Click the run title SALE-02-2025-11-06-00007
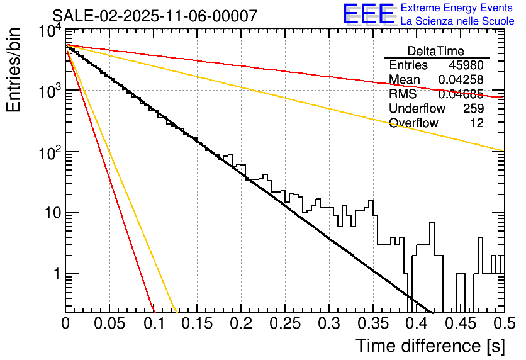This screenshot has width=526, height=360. [155, 16]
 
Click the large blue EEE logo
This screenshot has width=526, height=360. [368, 14]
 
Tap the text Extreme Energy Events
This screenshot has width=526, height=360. [457, 8]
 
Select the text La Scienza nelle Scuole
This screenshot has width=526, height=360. [457, 21]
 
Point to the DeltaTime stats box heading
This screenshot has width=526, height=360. [436, 51]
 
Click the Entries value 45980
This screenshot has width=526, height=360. [466, 65]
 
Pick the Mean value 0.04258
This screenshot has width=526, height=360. [461, 80]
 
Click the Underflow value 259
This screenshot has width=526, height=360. [473, 109]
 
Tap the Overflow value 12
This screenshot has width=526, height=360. [477, 123]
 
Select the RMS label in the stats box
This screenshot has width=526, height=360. [403, 94]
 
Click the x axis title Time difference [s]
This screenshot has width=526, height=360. [430, 346]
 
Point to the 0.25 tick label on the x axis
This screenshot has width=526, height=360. [284, 323]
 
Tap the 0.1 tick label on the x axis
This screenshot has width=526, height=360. [153, 323]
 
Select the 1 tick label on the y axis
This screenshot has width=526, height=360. [56, 274]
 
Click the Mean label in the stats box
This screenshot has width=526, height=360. [405, 80]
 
